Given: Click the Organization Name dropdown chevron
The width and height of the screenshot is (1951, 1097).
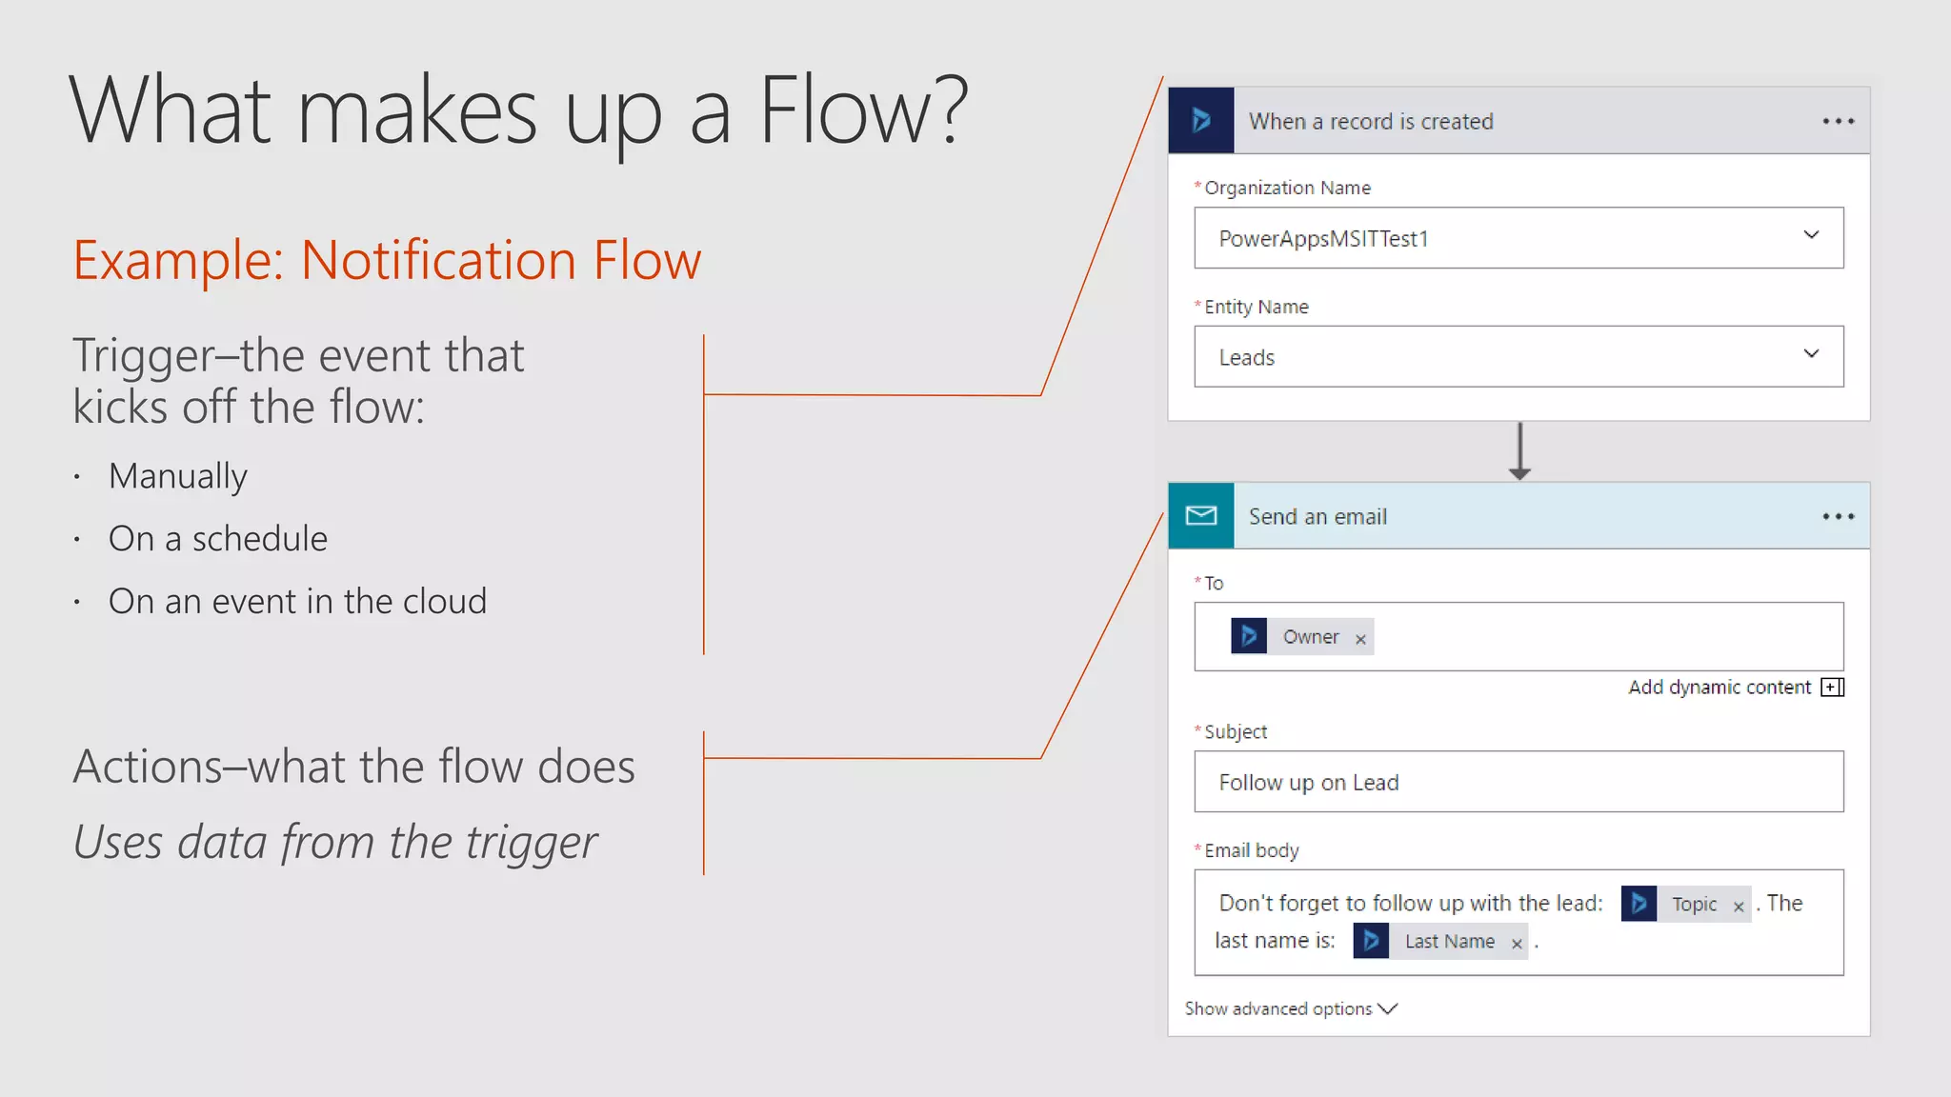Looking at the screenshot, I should point(1811,235).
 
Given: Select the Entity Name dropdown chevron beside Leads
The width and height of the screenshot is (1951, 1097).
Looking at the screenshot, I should point(1811,354).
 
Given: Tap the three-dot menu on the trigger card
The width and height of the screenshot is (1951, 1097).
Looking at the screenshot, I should point(1838,122).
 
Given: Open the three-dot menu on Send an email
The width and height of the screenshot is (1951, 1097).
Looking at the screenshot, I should point(1838,517).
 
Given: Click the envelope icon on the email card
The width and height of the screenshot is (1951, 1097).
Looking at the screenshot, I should point(1201,516).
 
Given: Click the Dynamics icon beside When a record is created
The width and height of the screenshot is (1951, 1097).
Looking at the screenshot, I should point(1201,121).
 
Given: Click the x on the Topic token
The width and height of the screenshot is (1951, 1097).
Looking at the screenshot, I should point(1739,907).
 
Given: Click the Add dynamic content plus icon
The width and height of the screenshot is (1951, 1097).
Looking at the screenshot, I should point(1832,688).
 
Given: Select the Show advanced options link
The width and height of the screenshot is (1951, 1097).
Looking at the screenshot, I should point(1290,1009).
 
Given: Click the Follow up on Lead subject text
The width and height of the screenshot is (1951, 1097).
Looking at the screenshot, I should point(1308,783).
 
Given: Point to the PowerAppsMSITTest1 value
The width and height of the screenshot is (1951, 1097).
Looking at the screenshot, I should point(1323,239).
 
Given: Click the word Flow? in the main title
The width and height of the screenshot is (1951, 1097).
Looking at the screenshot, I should point(863,111).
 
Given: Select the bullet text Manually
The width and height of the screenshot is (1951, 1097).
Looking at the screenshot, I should point(178,476).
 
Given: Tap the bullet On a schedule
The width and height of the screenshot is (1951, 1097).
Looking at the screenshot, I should point(218,539).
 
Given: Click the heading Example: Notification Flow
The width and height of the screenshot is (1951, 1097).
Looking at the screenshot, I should point(387,260).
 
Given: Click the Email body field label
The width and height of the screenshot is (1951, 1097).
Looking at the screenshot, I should point(1251,850).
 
